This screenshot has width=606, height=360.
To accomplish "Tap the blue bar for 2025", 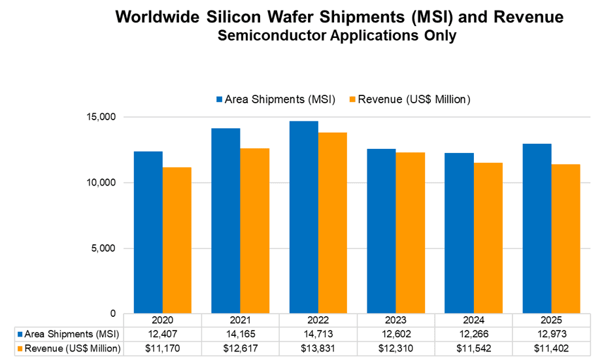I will tap(536, 228).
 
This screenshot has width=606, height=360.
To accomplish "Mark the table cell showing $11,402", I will tap(551, 347).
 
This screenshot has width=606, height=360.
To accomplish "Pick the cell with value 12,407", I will tap(163, 335).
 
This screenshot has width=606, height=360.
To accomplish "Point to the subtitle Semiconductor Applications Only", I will tap(337, 37).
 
